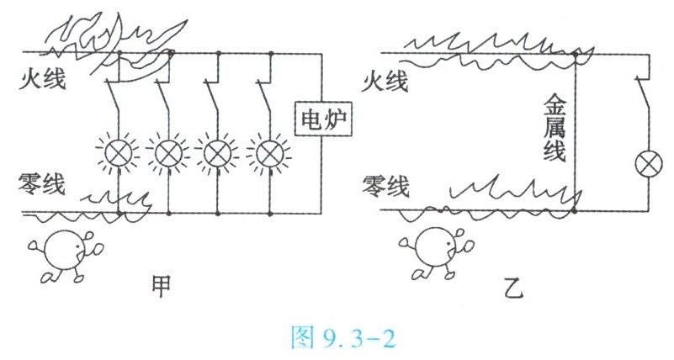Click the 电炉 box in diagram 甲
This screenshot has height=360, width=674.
[x=322, y=124]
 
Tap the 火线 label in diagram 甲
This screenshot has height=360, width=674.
[x=46, y=82]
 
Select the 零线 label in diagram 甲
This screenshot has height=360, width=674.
[x=46, y=183]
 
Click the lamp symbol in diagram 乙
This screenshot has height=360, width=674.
[x=649, y=165]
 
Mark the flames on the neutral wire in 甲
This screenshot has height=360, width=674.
[x=118, y=202]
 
